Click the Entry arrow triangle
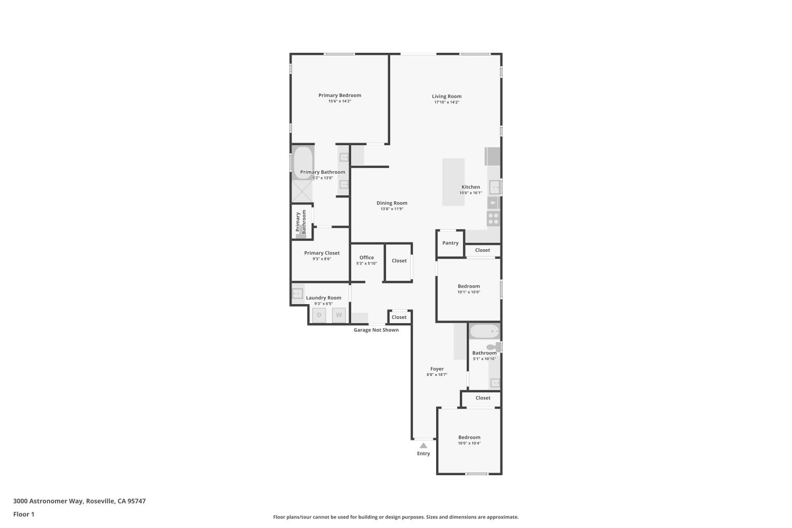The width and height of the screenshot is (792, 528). pyautogui.click(x=423, y=446)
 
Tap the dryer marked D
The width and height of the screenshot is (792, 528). pyautogui.click(x=319, y=315)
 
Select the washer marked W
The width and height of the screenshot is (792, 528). pyautogui.click(x=339, y=315)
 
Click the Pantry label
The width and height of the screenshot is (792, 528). pyautogui.click(x=450, y=243)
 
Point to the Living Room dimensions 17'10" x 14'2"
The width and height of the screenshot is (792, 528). pyautogui.click(x=447, y=102)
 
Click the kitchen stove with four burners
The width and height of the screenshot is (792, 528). pyautogui.click(x=493, y=219)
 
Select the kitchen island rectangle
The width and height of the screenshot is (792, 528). pyautogui.click(x=453, y=182)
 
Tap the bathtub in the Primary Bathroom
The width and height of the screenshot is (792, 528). pyautogui.click(x=303, y=163)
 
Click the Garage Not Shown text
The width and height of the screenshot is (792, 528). pyautogui.click(x=376, y=330)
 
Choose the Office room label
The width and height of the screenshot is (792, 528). pyautogui.click(x=366, y=258)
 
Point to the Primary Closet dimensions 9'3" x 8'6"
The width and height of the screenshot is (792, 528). pyautogui.click(x=322, y=259)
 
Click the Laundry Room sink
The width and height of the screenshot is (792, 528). pyautogui.click(x=297, y=294)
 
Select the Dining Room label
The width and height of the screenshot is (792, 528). pyautogui.click(x=392, y=203)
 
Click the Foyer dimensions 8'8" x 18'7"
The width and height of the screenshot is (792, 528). pyautogui.click(x=437, y=374)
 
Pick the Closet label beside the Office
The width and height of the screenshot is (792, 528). pyautogui.click(x=399, y=261)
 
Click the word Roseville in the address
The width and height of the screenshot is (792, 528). pyautogui.click(x=101, y=501)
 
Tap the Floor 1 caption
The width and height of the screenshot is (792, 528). pyautogui.click(x=24, y=514)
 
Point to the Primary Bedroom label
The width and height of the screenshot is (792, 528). pyautogui.click(x=340, y=95)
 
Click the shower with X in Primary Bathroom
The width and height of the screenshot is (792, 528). pyautogui.click(x=303, y=191)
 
